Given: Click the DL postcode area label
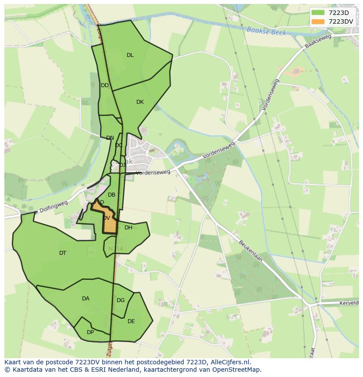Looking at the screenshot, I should pyautogui.click(x=130, y=55).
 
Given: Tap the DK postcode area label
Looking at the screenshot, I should pyautogui.click(x=140, y=102).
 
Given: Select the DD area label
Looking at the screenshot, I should pyautogui.click(x=104, y=85).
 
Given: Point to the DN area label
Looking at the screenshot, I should pyautogui.click(x=110, y=138).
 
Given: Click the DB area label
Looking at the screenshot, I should pyautogui.click(x=111, y=195).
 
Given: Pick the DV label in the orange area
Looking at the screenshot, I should pyautogui.click(x=107, y=218).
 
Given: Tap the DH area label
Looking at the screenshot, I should pyautogui.click(x=128, y=228).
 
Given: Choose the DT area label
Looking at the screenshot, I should pyautogui.click(x=63, y=253).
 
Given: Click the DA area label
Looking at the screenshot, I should pyautogui.click(x=85, y=299).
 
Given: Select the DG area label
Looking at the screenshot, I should pyautogui.click(x=121, y=300).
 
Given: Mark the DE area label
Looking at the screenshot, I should pyautogui.click(x=131, y=321).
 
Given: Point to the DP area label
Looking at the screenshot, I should pyautogui.click(x=90, y=332).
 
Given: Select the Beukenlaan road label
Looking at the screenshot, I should pyautogui.click(x=250, y=250).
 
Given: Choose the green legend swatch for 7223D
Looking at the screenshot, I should pyautogui.click(x=318, y=13).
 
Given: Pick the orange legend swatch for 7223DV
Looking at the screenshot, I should pyautogui.click(x=318, y=21).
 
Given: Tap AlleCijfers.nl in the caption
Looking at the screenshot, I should pyautogui.click(x=228, y=362).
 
